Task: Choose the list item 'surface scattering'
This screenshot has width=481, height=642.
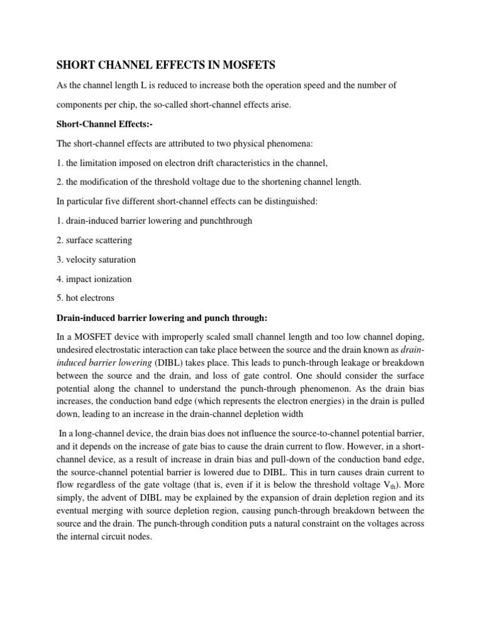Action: click(x=95, y=240)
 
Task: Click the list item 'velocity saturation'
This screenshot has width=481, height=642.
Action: click(x=96, y=260)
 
